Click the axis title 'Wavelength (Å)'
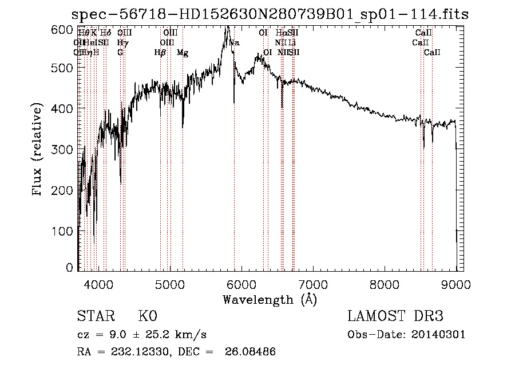coord(270,299)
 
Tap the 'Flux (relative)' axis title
coord(38,150)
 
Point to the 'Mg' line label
coord(183,53)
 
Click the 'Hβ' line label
coord(160,53)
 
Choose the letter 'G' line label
coord(120,53)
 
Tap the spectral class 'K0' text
coord(147,316)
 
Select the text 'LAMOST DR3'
coord(395,316)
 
